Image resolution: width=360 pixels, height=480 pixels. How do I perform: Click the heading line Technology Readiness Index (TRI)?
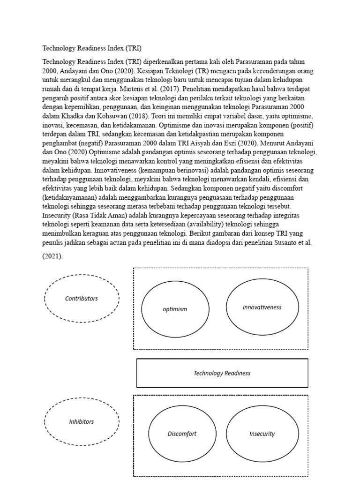point(92,48)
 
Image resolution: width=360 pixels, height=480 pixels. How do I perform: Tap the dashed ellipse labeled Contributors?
point(82,298)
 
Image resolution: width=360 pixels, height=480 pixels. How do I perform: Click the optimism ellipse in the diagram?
point(175,309)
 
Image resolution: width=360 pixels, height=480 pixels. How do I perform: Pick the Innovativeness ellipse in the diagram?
point(262,307)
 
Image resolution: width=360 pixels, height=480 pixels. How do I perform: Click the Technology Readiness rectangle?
point(222,373)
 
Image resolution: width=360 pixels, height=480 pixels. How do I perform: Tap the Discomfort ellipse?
point(182,434)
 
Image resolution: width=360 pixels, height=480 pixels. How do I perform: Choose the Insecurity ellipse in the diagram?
point(262,434)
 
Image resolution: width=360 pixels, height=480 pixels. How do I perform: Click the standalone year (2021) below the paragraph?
point(52,257)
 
